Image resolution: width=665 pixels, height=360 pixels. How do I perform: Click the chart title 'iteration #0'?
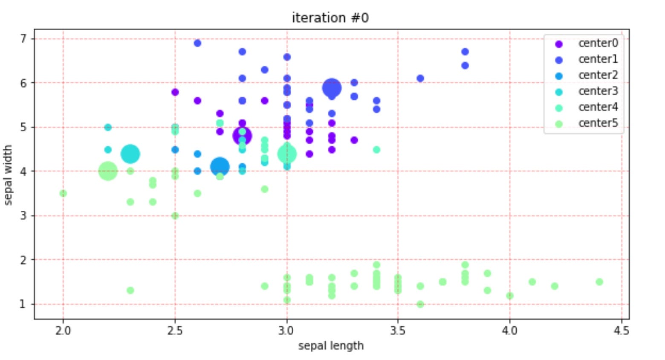[x=330, y=18]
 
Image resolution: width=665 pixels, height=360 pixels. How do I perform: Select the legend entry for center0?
[x=598, y=43]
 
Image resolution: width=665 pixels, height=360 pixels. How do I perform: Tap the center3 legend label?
[x=598, y=91]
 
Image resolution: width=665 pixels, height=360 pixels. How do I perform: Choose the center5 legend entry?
[x=598, y=123]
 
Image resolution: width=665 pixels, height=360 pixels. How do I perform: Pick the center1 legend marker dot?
[x=559, y=60]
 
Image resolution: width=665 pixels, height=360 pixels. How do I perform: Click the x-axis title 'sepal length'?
[x=331, y=345]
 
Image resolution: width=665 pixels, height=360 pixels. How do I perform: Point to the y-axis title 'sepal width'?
[x=8, y=175]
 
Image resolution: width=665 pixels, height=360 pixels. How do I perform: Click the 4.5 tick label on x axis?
[x=621, y=331]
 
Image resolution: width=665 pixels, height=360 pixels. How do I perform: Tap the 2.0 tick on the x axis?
[x=63, y=331]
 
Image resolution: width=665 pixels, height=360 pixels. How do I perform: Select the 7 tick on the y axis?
[x=23, y=39]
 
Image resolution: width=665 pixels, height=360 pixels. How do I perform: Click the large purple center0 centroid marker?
[x=242, y=136]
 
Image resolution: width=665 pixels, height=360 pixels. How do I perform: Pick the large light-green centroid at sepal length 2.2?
[x=108, y=171]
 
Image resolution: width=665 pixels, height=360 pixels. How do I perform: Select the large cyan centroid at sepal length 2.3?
[x=130, y=154]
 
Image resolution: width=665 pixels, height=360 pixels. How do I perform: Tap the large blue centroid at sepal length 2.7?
[x=220, y=166]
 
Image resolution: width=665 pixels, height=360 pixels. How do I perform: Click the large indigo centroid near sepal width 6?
[x=332, y=88]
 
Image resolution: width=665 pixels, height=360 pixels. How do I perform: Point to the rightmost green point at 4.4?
[x=599, y=282]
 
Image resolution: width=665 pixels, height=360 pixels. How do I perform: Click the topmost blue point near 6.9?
[x=197, y=43]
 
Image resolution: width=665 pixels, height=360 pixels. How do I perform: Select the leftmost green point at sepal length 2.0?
[x=63, y=193]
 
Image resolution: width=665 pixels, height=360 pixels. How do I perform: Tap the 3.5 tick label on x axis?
[x=398, y=331]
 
